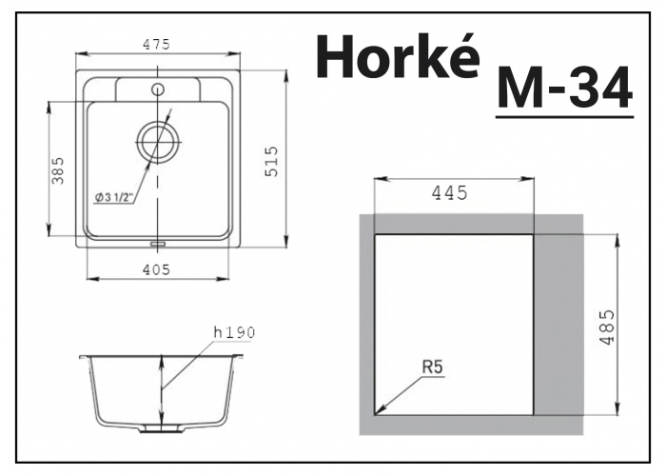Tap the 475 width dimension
coord(157,44)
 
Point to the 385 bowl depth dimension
coord(58,170)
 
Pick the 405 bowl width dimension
coord(157,269)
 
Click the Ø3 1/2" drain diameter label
coord(113,197)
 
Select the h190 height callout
coord(234,331)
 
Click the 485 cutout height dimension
coord(608,327)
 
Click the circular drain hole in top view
coord(157,143)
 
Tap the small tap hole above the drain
coord(157,89)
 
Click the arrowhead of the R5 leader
coord(379,411)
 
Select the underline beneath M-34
coord(564,116)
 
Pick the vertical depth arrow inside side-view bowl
coord(162,390)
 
